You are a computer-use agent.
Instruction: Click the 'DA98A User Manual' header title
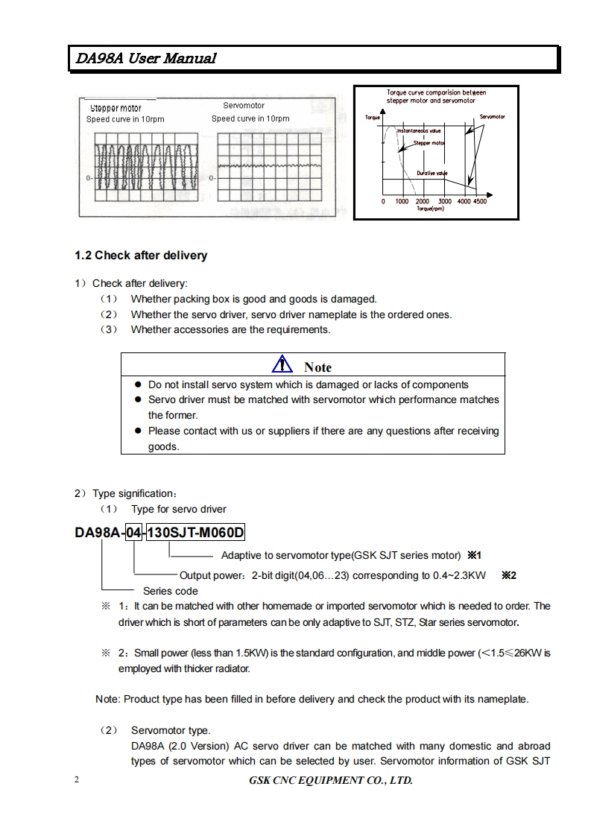pyautogui.click(x=144, y=58)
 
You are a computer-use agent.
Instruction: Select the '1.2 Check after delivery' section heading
pyautogui.click(x=140, y=256)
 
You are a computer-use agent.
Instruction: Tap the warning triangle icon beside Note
pyautogui.click(x=282, y=365)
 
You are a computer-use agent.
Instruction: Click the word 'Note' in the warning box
pyautogui.click(x=317, y=367)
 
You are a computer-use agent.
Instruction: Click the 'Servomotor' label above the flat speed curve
pyautogui.click(x=244, y=107)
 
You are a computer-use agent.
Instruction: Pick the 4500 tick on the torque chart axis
pyautogui.click(x=479, y=201)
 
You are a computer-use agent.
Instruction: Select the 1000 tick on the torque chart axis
pyautogui.click(x=402, y=201)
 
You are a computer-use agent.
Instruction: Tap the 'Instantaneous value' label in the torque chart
pyautogui.click(x=419, y=130)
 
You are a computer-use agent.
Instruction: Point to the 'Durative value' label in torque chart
pyautogui.click(x=432, y=173)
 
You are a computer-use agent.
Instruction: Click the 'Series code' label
pyautogui.click(x=171, y=591)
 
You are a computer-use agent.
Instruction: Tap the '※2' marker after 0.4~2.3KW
pyautogui.click(x=509, y=575)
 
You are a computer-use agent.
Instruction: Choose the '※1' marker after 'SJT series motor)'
pyautogui.click(x=475, y=555)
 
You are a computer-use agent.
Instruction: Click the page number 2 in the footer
pyautogui.click(x=77, y=780)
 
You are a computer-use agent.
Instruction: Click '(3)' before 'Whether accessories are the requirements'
pyautogui.click(x=109, y=329)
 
